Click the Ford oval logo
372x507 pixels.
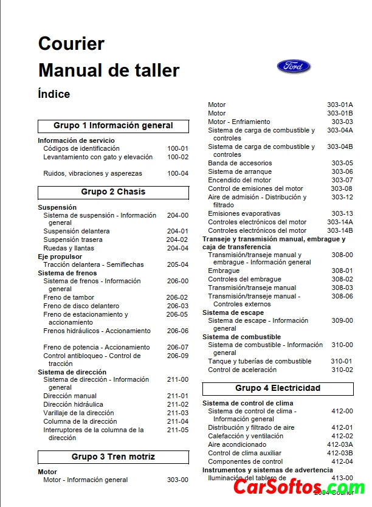(294, 66)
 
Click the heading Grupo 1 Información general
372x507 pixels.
(113, 126)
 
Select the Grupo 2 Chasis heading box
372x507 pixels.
(113, 192)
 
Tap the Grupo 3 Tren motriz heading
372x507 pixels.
(113, 457)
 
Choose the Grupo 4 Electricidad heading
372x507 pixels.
(278, 388)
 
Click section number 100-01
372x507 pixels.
(177, 148)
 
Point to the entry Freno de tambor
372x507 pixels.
(69, 297)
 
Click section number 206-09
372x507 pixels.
(177, 356)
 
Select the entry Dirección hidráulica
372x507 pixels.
(73, 404)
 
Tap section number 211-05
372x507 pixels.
(177, 430)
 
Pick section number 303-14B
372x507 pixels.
(340, 230)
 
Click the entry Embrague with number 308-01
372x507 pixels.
(224, 271)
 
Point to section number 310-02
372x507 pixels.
(342, 370)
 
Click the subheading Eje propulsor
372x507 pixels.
(60, 257)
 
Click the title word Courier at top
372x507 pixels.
(71, 44)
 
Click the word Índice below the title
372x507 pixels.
(53, 94)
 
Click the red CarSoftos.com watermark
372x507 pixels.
(299, 488)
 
